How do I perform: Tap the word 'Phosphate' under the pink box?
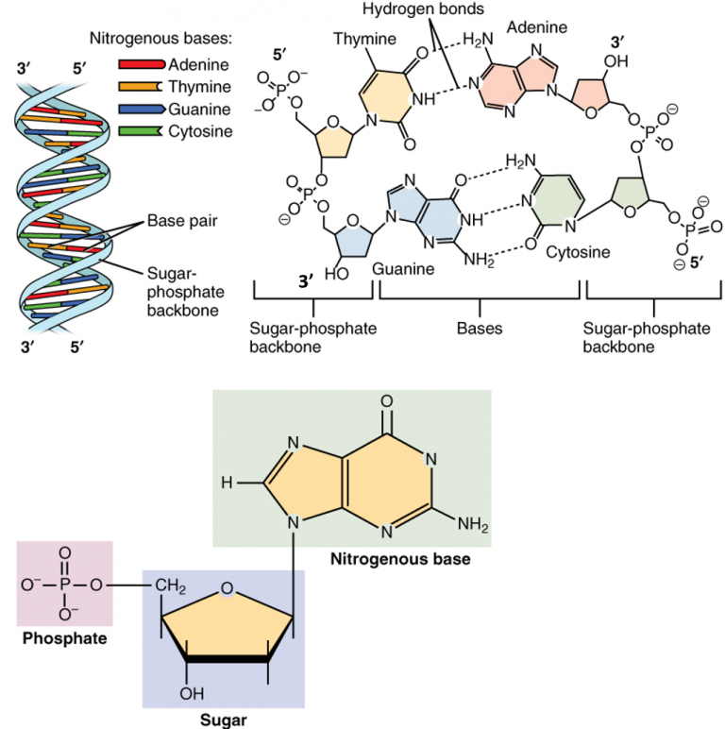coord(64,638)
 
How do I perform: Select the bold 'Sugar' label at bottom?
coord(223,721)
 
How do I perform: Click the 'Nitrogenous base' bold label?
coord(399,559)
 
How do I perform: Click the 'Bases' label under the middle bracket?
coord(480,329)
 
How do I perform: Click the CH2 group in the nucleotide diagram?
coord(171,589)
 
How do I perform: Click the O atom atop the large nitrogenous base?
coord(387,400)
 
